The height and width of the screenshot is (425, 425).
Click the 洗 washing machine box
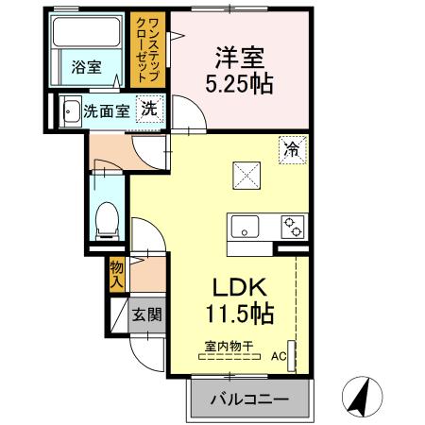pos(149,109)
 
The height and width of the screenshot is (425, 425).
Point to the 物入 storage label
pos(117,275)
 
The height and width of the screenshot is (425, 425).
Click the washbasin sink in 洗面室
pos(71,110)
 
